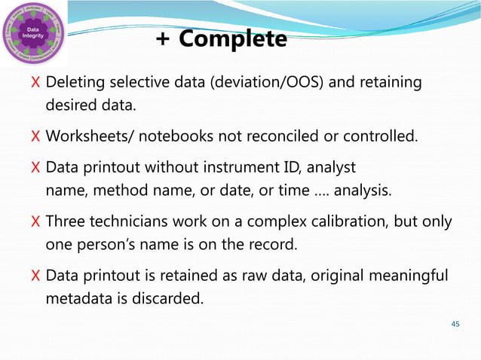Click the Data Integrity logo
click(33, 35)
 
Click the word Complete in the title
click(233, 39)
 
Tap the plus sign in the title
click(162, 39)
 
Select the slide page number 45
click(454, 324)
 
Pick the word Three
click(66, 223)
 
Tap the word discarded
click(170, 299)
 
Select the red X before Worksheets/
click(35, 137)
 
